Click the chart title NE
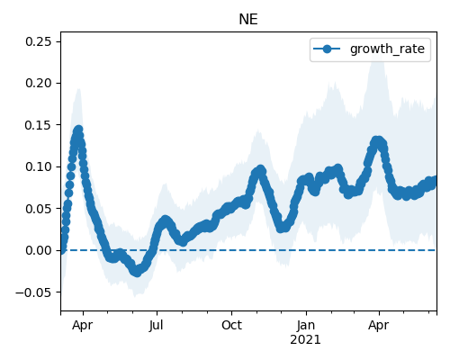(x=248, y=20)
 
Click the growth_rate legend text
(x=387, y=49)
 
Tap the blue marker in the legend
(x=327, y=49)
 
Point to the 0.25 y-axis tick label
(x=39, y=41)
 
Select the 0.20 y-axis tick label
(x=39, y=83)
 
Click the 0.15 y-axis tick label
(x=39, y=125)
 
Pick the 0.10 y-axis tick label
(x=39, y=166)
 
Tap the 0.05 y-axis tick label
(x=39, y=209)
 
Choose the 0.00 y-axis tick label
(x=39, y=250)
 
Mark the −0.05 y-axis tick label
(x=33, y=292)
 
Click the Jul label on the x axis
(x=156, y=325)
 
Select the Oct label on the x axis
(x=231, y=325)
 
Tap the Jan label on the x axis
(x=306, y=325)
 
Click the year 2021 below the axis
(x=305, y=340)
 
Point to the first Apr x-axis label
(x=83, y=326)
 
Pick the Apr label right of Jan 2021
(x=379, y=326)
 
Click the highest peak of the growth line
(x=78, y=130)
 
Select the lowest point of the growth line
(x=137, y=273)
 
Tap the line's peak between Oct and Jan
(x=261, y=170)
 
